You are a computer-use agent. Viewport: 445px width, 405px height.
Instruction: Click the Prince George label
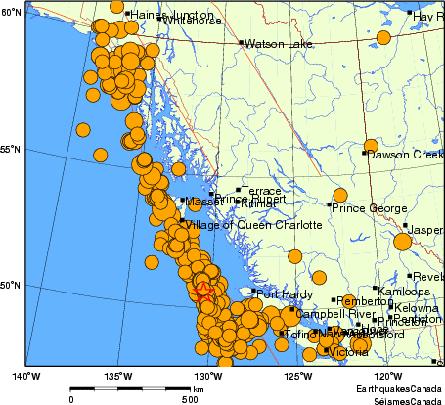pyautogui.click(x=368, y=207)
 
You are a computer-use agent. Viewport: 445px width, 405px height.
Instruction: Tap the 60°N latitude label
pyautogui.click(x=10, y=12)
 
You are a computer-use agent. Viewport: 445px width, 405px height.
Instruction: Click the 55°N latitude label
pyautogui.click(x=10, y=149)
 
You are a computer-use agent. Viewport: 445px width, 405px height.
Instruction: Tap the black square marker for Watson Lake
pyautogui.click(x=241, y=43)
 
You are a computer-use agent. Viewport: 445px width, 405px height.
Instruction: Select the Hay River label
pyautogui.click(x=428, y=17)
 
